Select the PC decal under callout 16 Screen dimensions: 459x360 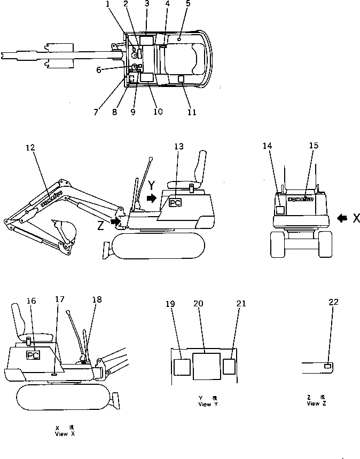click(x=33, y=354)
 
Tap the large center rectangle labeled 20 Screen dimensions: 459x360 click(x=205, y=366)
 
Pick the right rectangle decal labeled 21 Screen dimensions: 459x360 click(x=229, y=367)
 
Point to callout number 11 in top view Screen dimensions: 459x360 click(x=192, y=113)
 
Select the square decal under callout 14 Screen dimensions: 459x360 click(x=279, y=210)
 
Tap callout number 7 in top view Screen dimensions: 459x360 click(x=96, y=113)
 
